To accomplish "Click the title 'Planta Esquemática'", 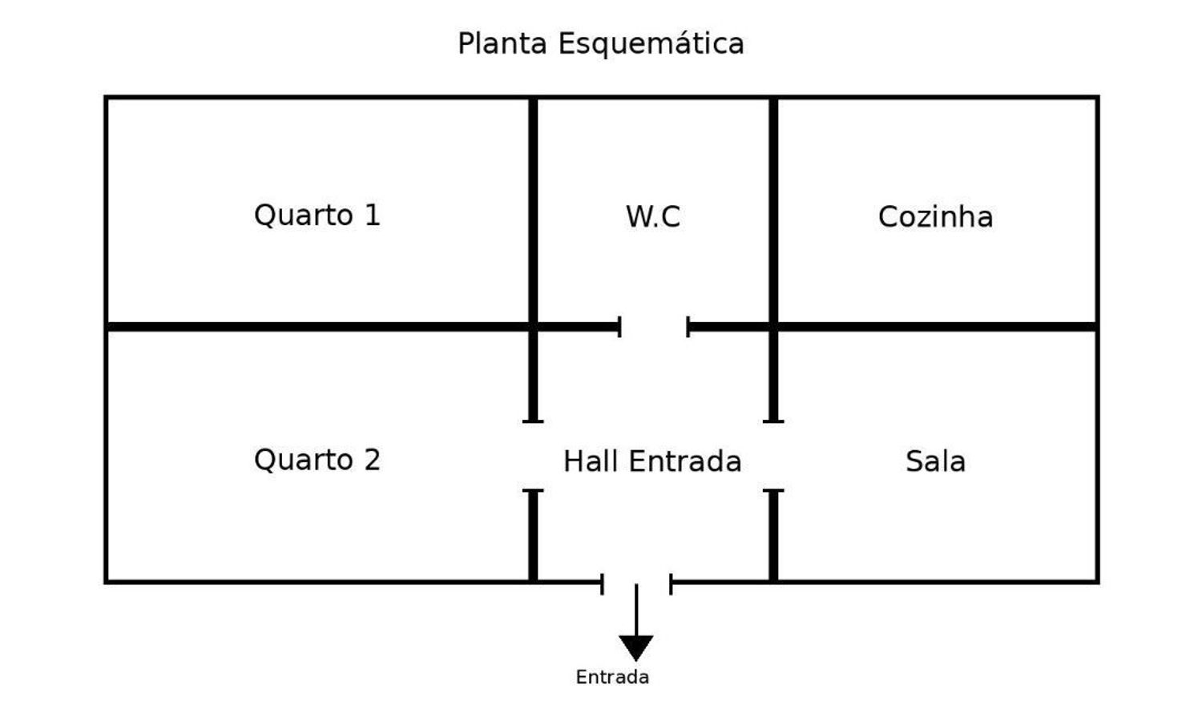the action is coord(600,44).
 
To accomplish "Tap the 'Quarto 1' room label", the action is coord(317,216).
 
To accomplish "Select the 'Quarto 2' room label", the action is coord(317,461).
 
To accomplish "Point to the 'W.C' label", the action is coord(653,217).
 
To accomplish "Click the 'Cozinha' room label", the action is coord(935,217).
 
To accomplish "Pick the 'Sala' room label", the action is coord(935,461).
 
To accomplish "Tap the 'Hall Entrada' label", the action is coord(652,461).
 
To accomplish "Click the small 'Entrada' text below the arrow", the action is coord(612,677).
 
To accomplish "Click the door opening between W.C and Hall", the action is coord(654,327).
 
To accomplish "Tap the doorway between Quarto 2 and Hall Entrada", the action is coord(533,456).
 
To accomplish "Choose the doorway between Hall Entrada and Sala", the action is coord(773,456).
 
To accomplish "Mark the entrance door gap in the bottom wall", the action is coord(636,582).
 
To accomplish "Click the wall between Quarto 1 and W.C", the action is coord(533,211).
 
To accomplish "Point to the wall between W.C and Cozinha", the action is coord(773,211).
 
